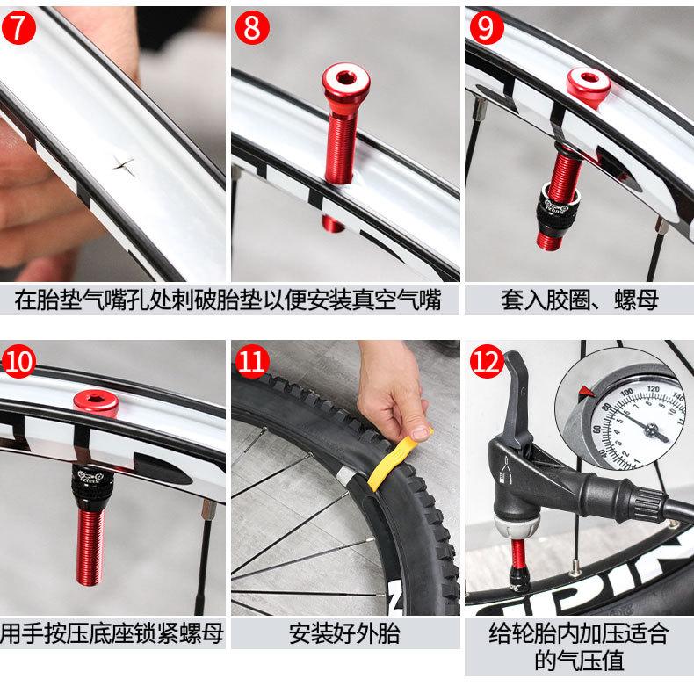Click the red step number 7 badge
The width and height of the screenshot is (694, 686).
(18, 27)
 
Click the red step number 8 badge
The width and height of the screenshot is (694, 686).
(252, 27)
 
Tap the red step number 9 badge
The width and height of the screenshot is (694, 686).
(487, 27)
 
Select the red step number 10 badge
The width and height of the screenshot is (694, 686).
(18, 361)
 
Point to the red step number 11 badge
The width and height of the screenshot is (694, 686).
(252, 361)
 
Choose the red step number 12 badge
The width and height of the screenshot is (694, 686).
(487, 361)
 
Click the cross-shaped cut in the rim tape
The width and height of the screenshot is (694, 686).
(124, 166)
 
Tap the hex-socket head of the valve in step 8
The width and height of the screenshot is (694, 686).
(345, 81)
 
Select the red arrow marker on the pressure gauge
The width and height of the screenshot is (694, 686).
(588, 391)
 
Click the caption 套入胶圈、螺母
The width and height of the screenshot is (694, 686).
(580, 300)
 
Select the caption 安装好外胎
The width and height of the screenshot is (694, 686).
(344, 633)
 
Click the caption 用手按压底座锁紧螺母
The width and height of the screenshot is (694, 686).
(112, 633)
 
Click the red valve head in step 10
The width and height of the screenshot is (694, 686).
(96, 403)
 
